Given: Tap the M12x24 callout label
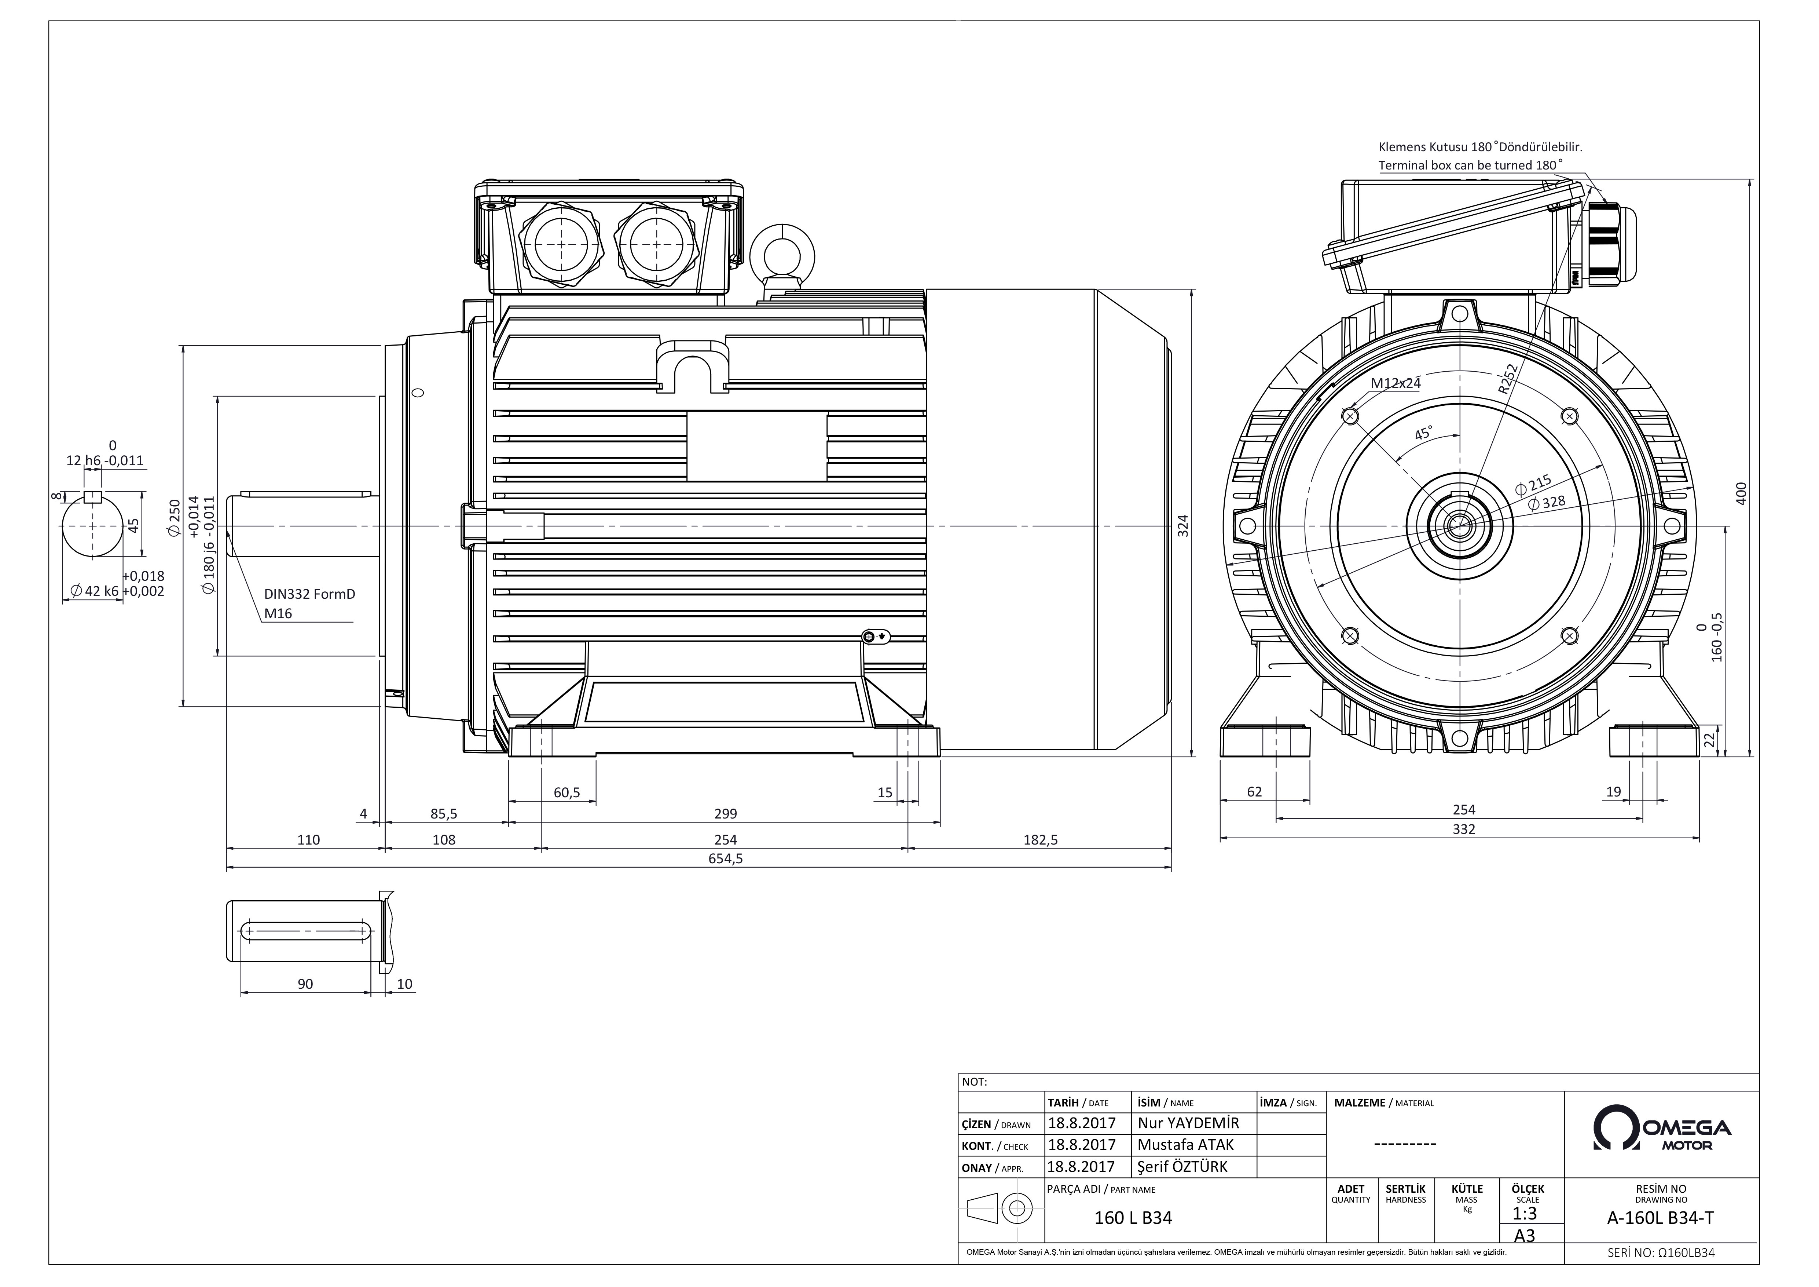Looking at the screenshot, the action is (1396, 383).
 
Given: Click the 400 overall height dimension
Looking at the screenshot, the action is (1741, 493).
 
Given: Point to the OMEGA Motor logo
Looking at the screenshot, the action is (1662, 1128).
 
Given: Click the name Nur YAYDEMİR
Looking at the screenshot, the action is (1188, 1123).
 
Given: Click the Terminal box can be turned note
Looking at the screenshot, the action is (1471, 165).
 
